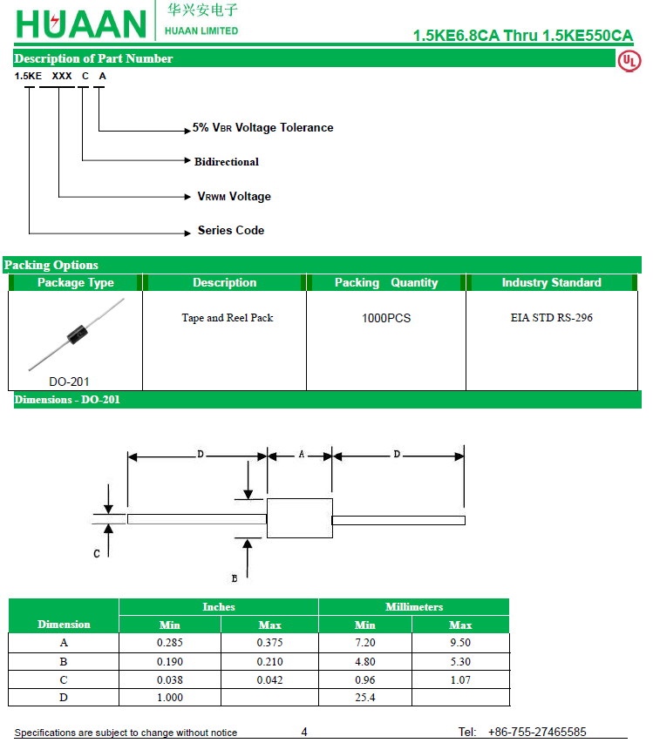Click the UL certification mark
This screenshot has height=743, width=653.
pyautogui.click(x=629, y=61)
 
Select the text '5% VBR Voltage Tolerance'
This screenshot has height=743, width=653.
pyautogui.click(x=262, y=128)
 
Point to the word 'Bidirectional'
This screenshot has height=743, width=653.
pyautogui.click(x=227, y=162)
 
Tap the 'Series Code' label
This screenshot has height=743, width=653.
pyautogui.click(x=231, y=231)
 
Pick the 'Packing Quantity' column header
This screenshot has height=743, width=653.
pyautogui.click(x=386, y=283)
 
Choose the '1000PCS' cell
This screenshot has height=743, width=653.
pyautogui.click(x=386, y=318)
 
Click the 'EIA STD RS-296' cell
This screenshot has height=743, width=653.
pyautogui.click(x=551, y=318)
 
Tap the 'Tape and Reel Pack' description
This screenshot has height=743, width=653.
pyautogui.click(x=227, y=318)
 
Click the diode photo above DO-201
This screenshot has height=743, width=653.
pyautogui.click(x=76, y=334)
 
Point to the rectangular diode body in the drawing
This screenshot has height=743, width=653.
pyautogui.click(x=299, y=518)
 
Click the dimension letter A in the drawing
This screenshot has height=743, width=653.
pyautogui.click(x=302, y=455)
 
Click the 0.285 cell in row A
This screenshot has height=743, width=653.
pyautogui.click(x=170, y=643)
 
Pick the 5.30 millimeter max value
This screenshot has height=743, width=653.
pyautogui.click(x=460, y=662)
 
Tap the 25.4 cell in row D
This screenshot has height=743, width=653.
pyautogui.click(x=365, y=698)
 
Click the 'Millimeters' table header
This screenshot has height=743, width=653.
pyautogui.click(x=414, y=607)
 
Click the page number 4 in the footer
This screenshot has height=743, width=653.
pyautogui.click(x=304, y=733)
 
